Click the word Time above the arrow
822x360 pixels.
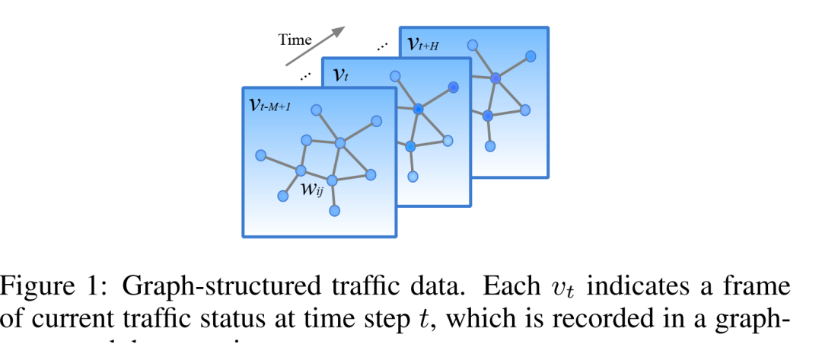[x=295, y=39]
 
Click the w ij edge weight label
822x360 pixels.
[x=311, y=189]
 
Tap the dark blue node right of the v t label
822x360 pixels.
[x=454, y=88]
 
